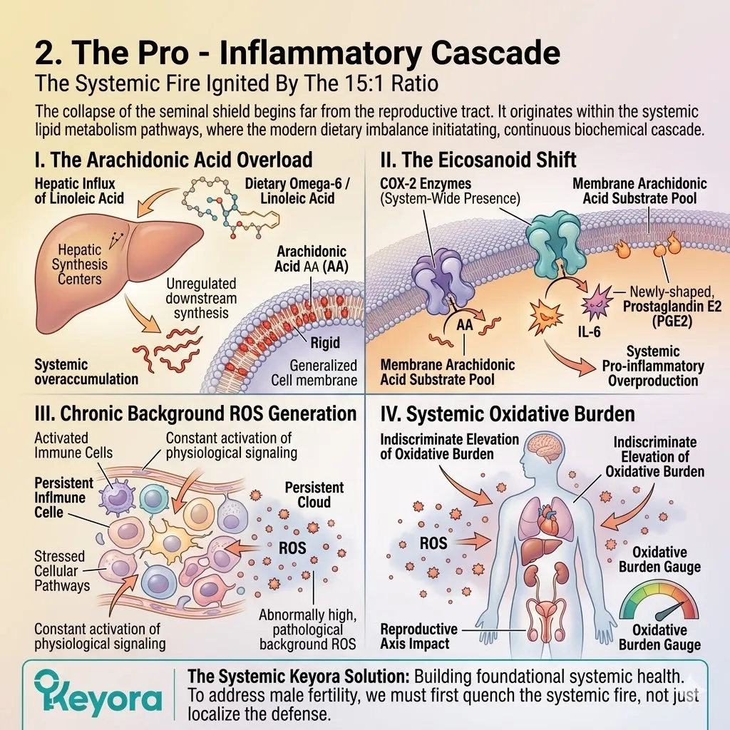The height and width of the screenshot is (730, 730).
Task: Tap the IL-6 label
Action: [589, 331]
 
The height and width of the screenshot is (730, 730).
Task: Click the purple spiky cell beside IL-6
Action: [597, 302]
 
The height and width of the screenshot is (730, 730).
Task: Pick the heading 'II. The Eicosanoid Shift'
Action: [478, 160]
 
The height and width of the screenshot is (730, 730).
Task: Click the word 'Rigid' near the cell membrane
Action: [325, 343]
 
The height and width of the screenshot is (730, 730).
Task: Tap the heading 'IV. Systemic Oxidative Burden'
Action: [508, 414]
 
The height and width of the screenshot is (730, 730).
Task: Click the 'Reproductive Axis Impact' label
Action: [418, 637]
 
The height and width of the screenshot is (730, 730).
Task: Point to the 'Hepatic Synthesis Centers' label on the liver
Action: [80, 264]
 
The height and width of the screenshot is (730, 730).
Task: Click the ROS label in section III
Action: [292, 548]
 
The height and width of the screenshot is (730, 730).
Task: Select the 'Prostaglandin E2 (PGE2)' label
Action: [672, 314]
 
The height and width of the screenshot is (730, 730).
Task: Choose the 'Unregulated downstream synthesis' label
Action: [201, 299]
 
